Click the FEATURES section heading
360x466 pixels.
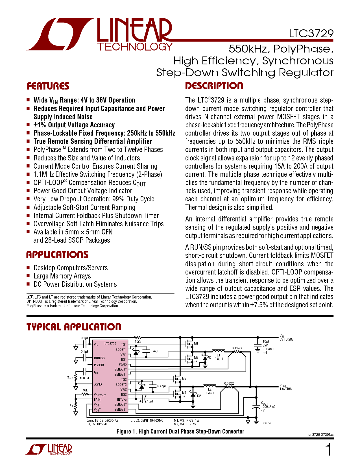(48, 86)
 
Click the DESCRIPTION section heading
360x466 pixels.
(214, 86)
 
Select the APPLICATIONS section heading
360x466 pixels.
(57, 254)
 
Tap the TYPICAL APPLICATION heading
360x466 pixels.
(74, 327)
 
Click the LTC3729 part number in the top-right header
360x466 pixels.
(311, 34)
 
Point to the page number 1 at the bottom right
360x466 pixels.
(328, 450)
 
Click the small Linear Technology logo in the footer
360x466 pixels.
(49, 450)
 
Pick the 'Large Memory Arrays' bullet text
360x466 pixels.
(62, 276)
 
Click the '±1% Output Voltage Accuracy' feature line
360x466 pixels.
(74, 125)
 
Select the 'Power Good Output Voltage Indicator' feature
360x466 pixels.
(83, 191)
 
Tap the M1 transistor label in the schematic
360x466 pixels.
(196, 343)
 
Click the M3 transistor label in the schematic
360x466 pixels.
(184, 378)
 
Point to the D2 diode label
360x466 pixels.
(199, 396)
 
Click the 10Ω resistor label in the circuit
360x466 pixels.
(138, 341)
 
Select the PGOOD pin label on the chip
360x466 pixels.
(99, 365)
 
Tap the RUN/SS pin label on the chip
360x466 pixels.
(99, 358)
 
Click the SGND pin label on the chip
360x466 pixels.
(98, 384)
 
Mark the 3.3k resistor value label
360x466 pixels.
(70, 377)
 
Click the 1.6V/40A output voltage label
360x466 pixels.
(285, 389)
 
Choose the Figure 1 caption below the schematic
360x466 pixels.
(180, 431)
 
